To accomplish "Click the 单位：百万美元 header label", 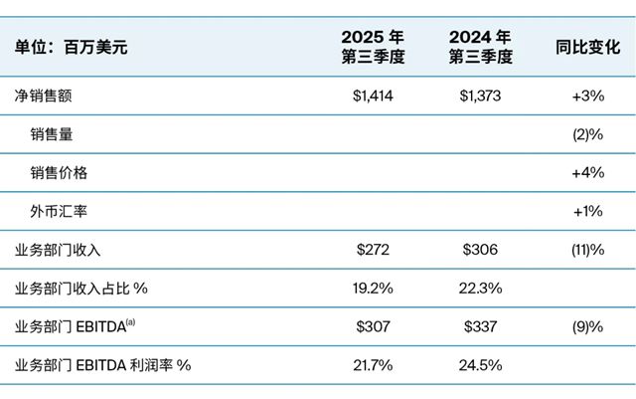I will tap(72, 46).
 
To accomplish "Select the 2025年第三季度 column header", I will tap(374, 46).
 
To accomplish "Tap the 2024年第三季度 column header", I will tap(480, 46).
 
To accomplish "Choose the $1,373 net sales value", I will tap(480, 97).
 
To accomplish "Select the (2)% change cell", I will tap(587, 134).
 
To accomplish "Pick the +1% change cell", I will tap(588, 211).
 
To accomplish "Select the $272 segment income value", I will tap(374, 250).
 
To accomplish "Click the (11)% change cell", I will tap(586, 250).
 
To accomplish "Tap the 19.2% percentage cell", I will tap(374, 288).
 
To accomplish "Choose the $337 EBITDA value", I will tap(480, 326).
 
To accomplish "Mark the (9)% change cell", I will tap(587, 326).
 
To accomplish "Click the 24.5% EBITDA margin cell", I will tap(480, 364).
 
